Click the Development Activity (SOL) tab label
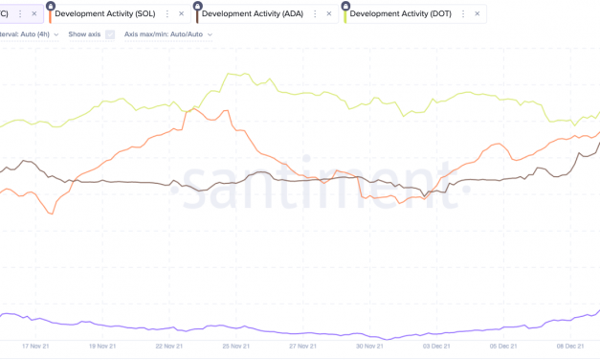tap(107, 14)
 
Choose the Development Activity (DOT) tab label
tap(403, 14)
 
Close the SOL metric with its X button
tap(182, 14)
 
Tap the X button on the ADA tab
tap(330, 14)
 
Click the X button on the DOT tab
tap(478, 14)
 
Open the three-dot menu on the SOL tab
tap(167, 14)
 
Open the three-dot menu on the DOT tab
tap(463, 14)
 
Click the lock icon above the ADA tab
tap(198, 5)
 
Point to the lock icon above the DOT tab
tap(345, 5)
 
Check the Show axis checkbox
tap(110, 34)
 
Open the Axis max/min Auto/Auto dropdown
tap(168, 34)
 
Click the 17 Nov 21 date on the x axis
tap(35, 347)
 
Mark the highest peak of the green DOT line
tap(227, 73)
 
